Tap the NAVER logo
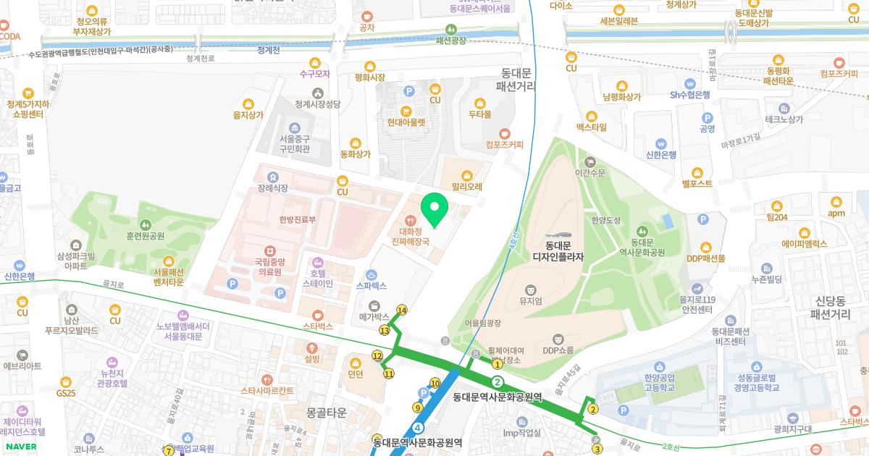click(x=19, y=447)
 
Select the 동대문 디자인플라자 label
click(x=558, y=251)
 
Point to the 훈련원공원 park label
click(x=145, y=235)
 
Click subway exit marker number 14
click(x=401, y=311)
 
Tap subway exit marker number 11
click(x=389, y=374)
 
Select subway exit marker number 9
click(x=418, y=408)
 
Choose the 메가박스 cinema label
click(x=374, y=316)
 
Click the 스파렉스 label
click(x=371, y=285)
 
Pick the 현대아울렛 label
click(x=406, y=122)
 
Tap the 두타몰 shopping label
click(x=479, y=114)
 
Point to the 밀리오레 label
click(x=467, y=185)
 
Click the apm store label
click(x=836, y=213)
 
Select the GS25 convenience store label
click(x=66, y=392)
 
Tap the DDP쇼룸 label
click(x=558, y=350)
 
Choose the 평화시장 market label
click(x=370, y=77)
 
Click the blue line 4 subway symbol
click(x=418, y=428)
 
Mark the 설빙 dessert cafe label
click(x=312, y=358)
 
